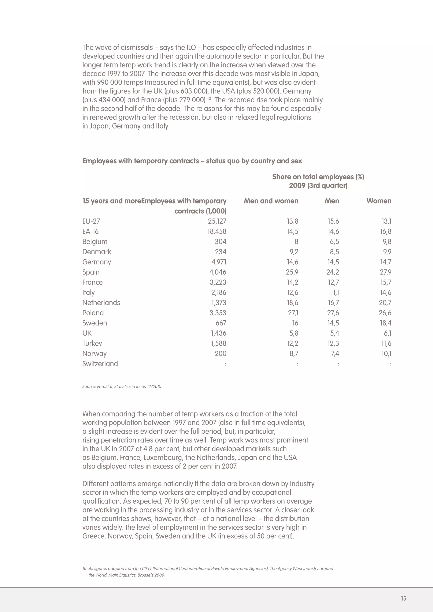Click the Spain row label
pos(91,272)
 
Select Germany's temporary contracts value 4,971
pos(219,262)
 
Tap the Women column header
pos(379,201)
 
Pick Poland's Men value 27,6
pos(333,313)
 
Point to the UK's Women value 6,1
pos(386,333)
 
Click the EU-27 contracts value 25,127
pos(217,221)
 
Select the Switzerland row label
pos(100,364)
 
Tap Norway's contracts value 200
pos(221,354)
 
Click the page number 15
pos(403,599)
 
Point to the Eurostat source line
pos(122,387)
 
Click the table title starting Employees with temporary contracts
pos(192,161)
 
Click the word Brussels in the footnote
pos(146,575)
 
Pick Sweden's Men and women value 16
pos(295,323)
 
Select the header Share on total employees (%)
pos(318,177)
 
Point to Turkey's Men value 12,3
pos(333,344)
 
